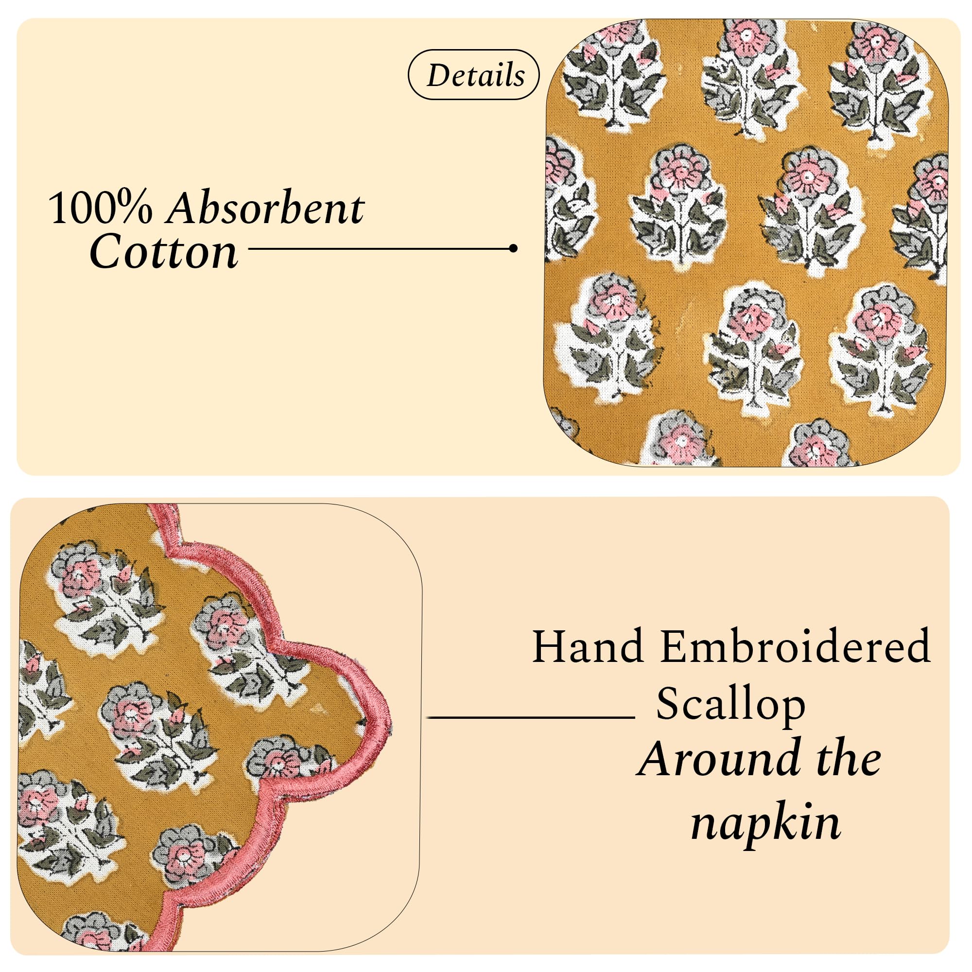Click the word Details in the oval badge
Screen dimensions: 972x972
[475, 75]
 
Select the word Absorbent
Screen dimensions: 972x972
[265, 208]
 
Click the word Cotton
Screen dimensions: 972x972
[163, 252]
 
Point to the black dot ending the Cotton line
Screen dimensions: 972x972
[513, 248]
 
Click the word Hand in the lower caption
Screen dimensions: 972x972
[588, 646]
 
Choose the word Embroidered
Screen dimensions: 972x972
[796, 646]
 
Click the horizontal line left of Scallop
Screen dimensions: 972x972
[531, 717]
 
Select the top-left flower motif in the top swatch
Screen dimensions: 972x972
[614, 75]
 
